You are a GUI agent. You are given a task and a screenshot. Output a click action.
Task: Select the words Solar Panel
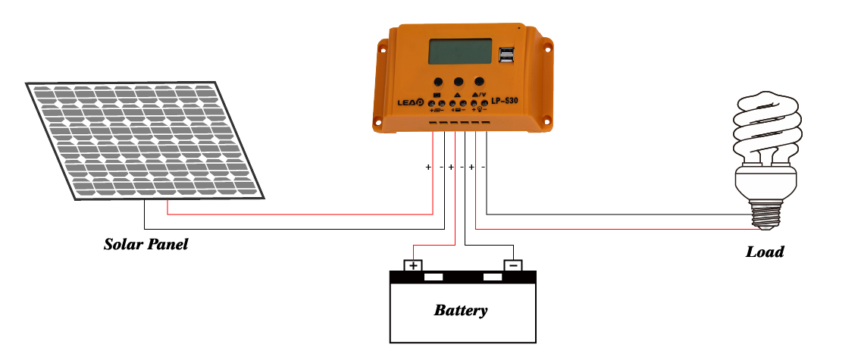pyautogui.click(x=146, y=245)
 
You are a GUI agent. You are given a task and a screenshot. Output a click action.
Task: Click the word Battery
pyautogui.click(x=461, y=310)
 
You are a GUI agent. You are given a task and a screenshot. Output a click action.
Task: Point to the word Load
pyautogui.click(x=765, y=252)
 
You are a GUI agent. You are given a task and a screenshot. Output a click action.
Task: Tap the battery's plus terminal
pyautogui.click(x=412, y=266)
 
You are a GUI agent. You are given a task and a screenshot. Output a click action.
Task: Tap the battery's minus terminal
pyautogui.click(x=513, y=266)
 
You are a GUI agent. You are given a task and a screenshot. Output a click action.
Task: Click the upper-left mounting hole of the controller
pyautogui.click(x=383, y=53)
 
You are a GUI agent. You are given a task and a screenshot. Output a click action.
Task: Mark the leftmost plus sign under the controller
pyautogui.click(x=428, y=167)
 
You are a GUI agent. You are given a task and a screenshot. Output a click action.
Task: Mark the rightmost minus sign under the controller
pyautogui.click(x=484, y=167)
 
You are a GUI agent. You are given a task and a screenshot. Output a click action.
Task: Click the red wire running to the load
pyautogui.click(x=606, y=229)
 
